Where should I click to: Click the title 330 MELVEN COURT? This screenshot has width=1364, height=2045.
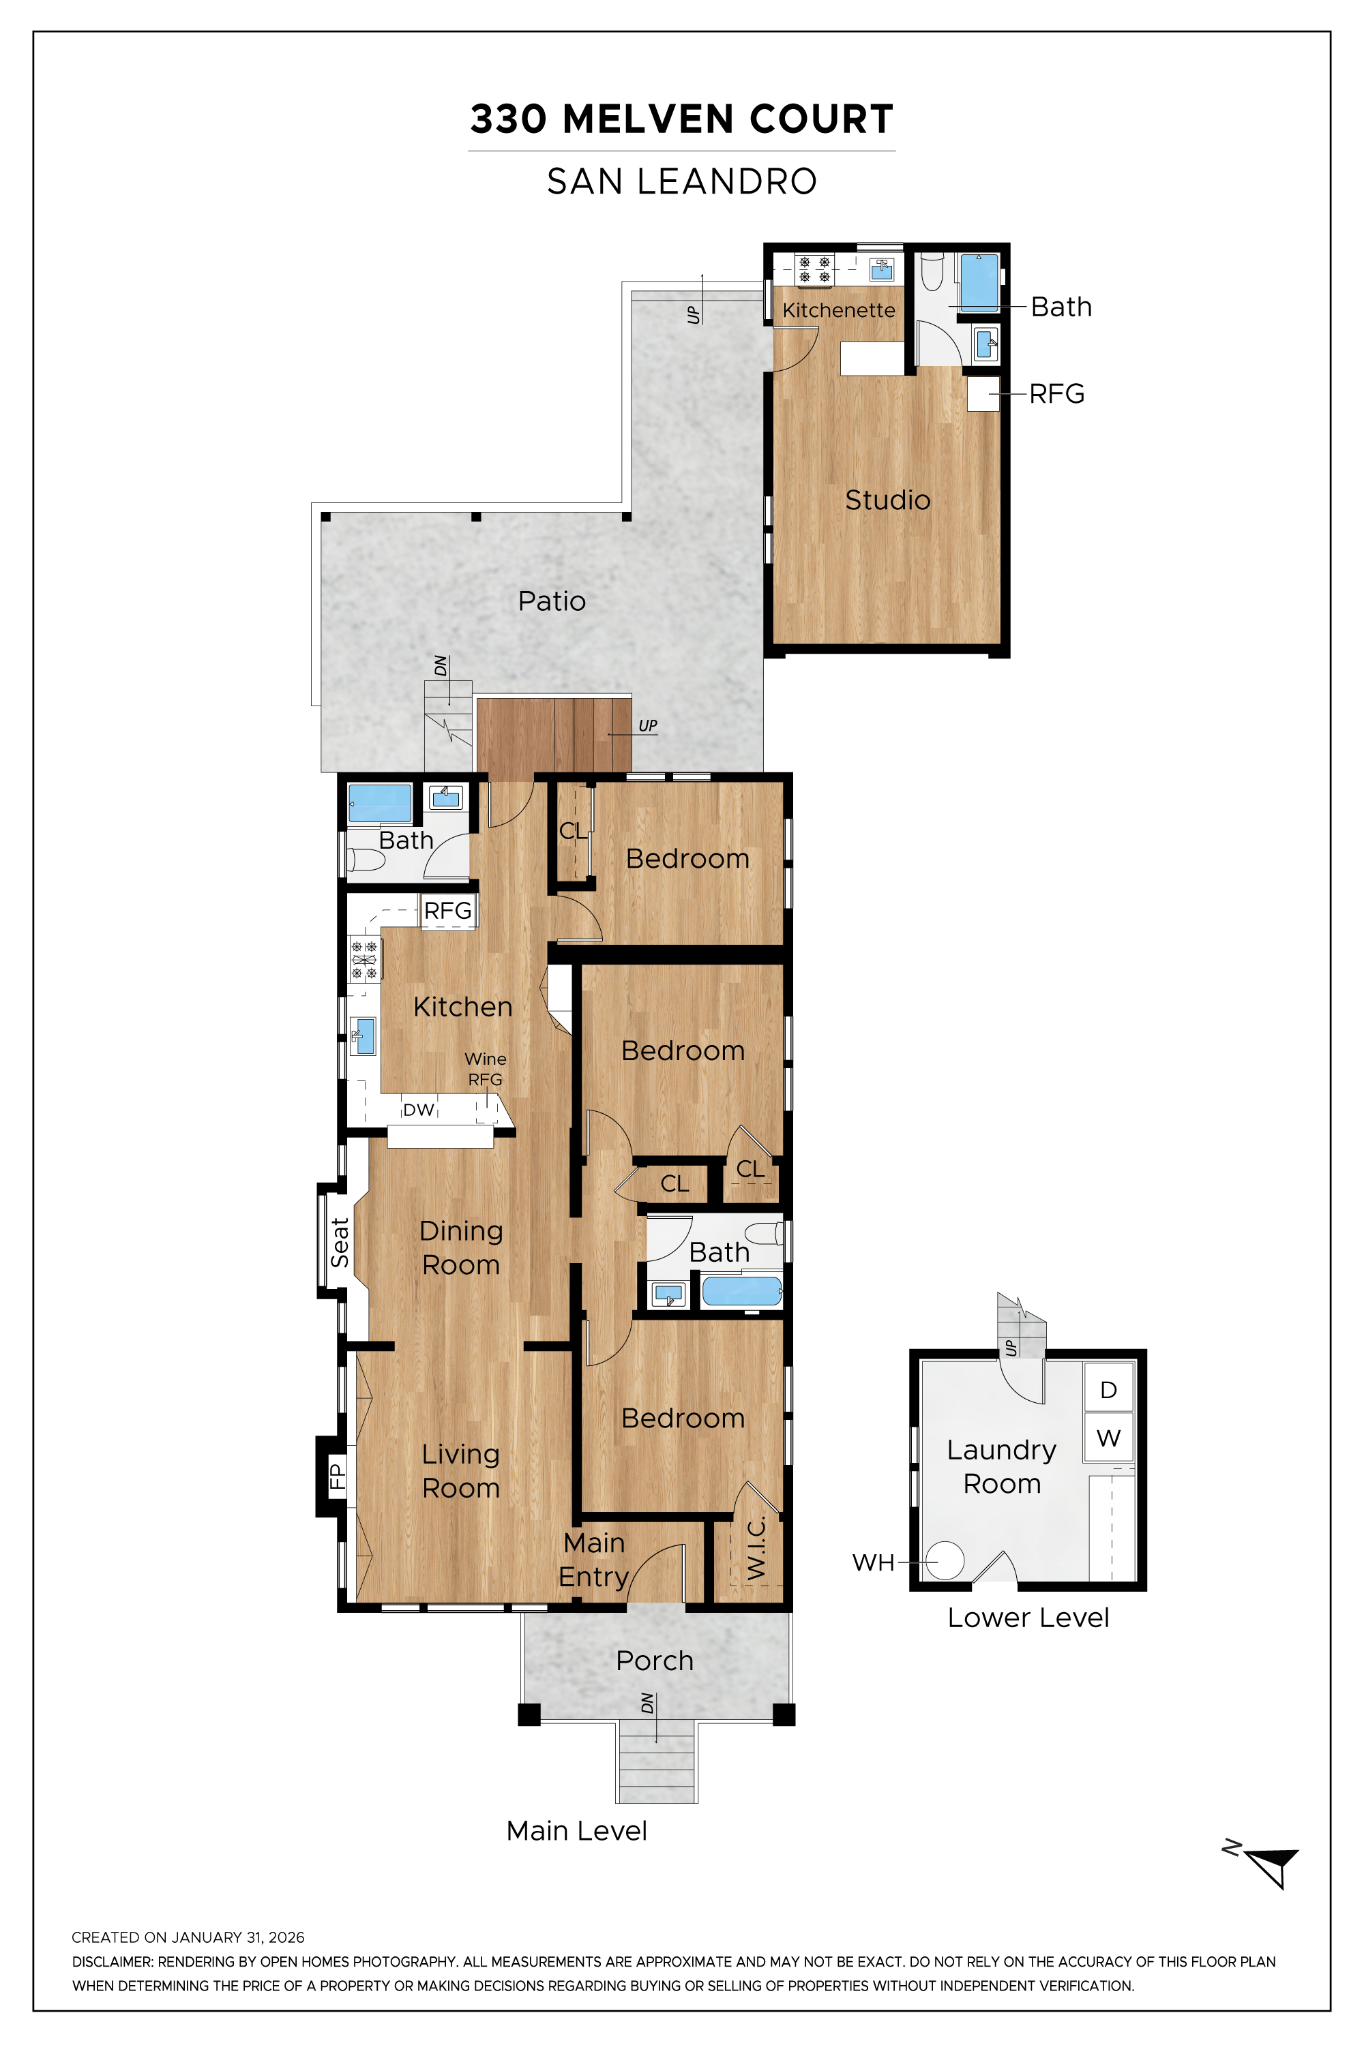pos(681,119)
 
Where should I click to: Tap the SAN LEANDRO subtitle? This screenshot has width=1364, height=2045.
pos(681,182)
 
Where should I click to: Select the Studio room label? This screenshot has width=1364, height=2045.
pos(887,500)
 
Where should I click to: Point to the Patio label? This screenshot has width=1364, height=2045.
pos(552,601)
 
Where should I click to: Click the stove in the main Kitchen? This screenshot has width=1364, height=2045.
pos(364,959)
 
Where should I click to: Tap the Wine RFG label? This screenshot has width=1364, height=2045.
pos(484,1069)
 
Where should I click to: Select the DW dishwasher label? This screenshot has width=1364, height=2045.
pos(419,1110)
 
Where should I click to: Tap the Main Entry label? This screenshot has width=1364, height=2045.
pos(593,1559)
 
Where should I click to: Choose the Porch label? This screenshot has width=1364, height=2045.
pos(654,1661)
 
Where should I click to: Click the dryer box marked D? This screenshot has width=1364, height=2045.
pos(1108,1389)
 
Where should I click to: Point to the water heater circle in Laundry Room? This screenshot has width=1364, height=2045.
pos(945,1561)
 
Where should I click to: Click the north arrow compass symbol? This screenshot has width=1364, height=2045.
pos(1272,1865)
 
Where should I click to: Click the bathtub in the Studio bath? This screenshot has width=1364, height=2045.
pos(979,283)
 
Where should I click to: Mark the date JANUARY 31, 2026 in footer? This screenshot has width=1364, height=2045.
pos(237,1937)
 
